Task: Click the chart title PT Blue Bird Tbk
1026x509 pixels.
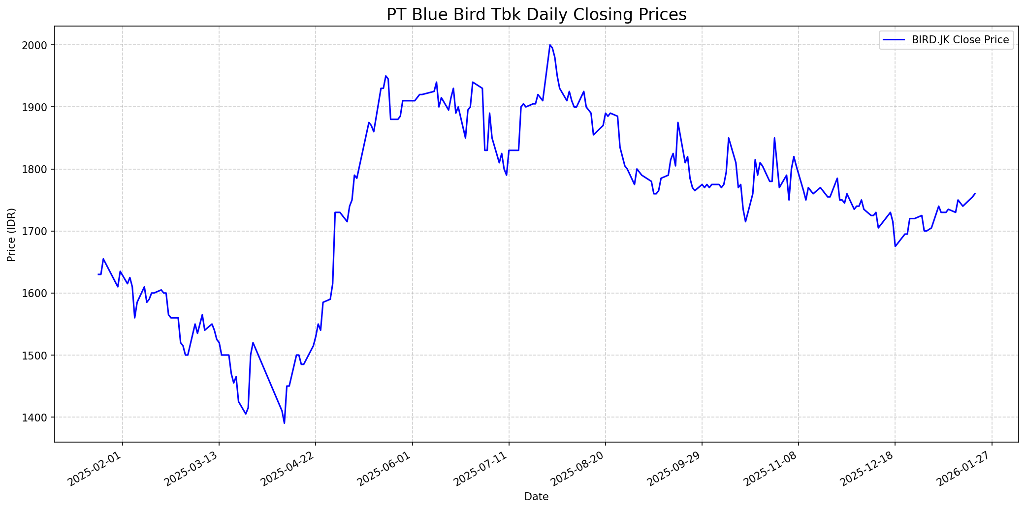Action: coord(536,15)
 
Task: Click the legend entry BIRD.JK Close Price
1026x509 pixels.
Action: coord(960,40)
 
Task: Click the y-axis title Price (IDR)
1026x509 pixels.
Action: coord(11,235)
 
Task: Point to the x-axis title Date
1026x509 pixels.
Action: coord(536,497)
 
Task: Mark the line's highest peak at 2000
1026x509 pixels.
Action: coord(550,45)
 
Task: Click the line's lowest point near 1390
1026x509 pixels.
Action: coord(285,423)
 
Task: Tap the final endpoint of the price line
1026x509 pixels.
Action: coord(975,194)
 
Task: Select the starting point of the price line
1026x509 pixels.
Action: coord(98,274)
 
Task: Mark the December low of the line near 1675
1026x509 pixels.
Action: coord(895,246)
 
